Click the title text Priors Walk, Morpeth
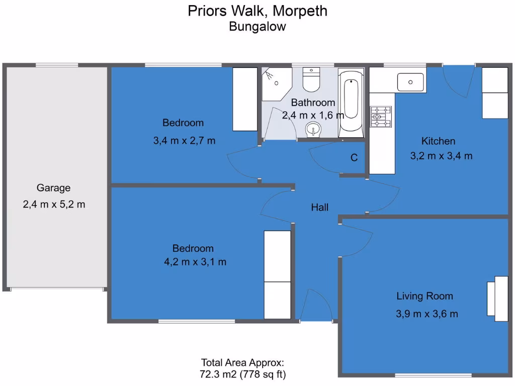(x=257, y=11)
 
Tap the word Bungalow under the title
(x=257, y=27)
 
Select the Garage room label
(x=53, y=188)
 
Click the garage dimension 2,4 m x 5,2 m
(x=54, y=204)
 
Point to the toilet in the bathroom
(x=311, y=80)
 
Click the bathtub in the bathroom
(x=351, y=103)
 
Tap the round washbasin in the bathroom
(x=314, y=130)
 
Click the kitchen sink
(x=410, y=81)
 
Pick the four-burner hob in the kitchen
(x=381, y=117)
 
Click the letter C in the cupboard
(x=354, y=158)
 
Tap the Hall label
(x=319, y=207)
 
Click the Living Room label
(x=424, y=296)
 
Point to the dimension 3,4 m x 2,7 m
(x=184, y=141)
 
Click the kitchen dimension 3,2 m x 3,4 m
(x=441, y=156)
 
